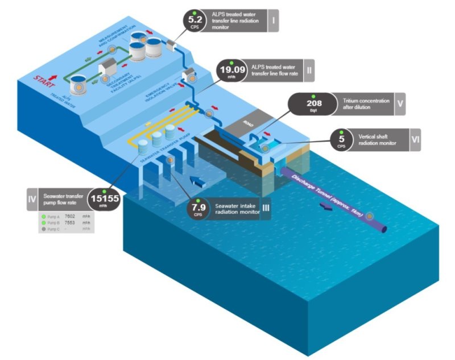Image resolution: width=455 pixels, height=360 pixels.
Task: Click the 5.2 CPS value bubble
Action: [194, 22]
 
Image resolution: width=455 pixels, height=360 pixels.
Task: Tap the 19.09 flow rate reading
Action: [232, 72]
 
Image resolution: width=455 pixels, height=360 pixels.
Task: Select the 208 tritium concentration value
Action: [314, 105]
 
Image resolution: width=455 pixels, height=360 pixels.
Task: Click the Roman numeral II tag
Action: [309, 71]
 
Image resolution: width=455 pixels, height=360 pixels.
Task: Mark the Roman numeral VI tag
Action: [415, 140]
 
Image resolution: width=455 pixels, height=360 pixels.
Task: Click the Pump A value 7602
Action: [71, 216]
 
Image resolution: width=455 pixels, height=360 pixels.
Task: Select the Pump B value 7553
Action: [71, 222]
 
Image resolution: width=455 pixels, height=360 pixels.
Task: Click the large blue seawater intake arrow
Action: [198, 183]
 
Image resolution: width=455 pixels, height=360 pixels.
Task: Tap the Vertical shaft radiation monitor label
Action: [378, 140]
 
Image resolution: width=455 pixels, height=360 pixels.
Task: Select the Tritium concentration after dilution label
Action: [366, 104]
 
